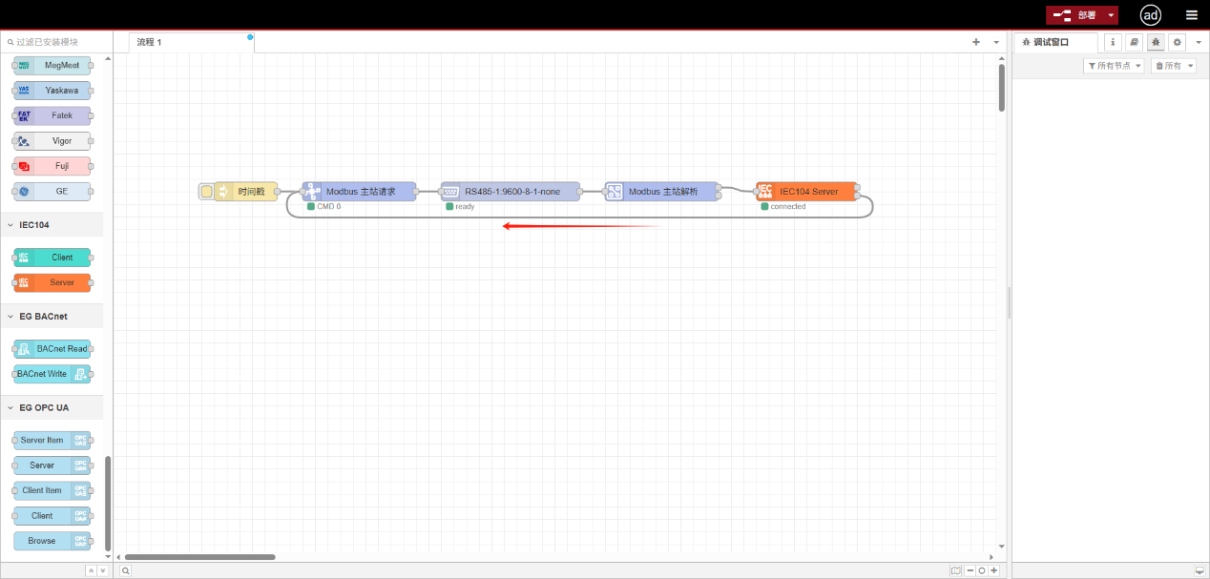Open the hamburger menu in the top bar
click(x=1191, y=15)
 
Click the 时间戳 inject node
click(x=247, y=192)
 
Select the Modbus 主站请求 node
click(x=360, y=192)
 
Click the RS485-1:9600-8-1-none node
click(x=511, y=192)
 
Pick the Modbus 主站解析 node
click(x=662, y=192)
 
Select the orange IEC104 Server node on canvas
click(x=807, y=192)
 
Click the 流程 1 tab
click(x=150, y=43)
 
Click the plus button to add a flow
click(x=976, y=42)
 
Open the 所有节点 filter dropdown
click(x=1114, y=66)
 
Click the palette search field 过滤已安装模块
click(x=57, y=42)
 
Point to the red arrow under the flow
click(x=582, y=226)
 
